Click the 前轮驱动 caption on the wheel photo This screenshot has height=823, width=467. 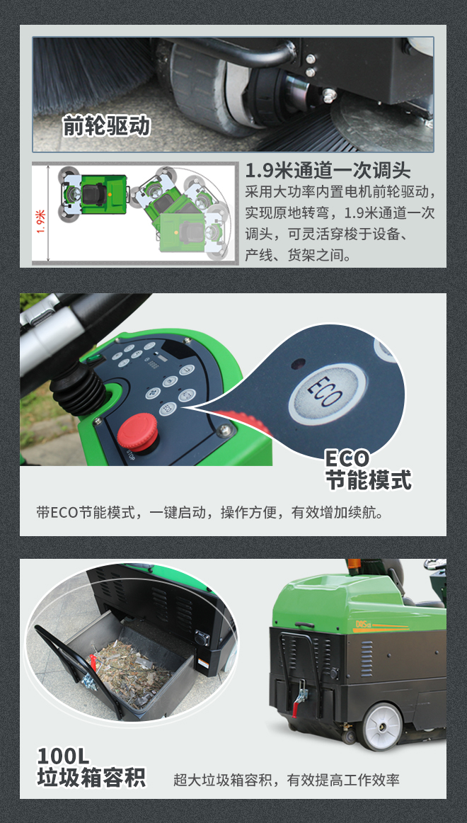pos(106,125)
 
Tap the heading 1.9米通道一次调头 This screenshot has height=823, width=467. pos(328,171)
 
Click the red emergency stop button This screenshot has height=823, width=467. pos(137,432)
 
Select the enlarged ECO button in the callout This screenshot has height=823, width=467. pos(328,395)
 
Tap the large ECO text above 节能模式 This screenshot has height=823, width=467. pos(347,458)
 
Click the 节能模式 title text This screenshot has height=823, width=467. pos(368,479)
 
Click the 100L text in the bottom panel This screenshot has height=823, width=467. pos(64,756)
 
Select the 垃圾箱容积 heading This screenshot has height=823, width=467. pos(91,778)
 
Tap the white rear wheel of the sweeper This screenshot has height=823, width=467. pos(381,726)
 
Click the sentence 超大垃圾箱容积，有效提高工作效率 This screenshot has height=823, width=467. pos(286,780)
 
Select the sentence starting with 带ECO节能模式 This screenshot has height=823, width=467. pos(209,512)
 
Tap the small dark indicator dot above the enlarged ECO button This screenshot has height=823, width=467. pos(299,363)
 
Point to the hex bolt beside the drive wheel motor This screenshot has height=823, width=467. pos(329,94)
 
